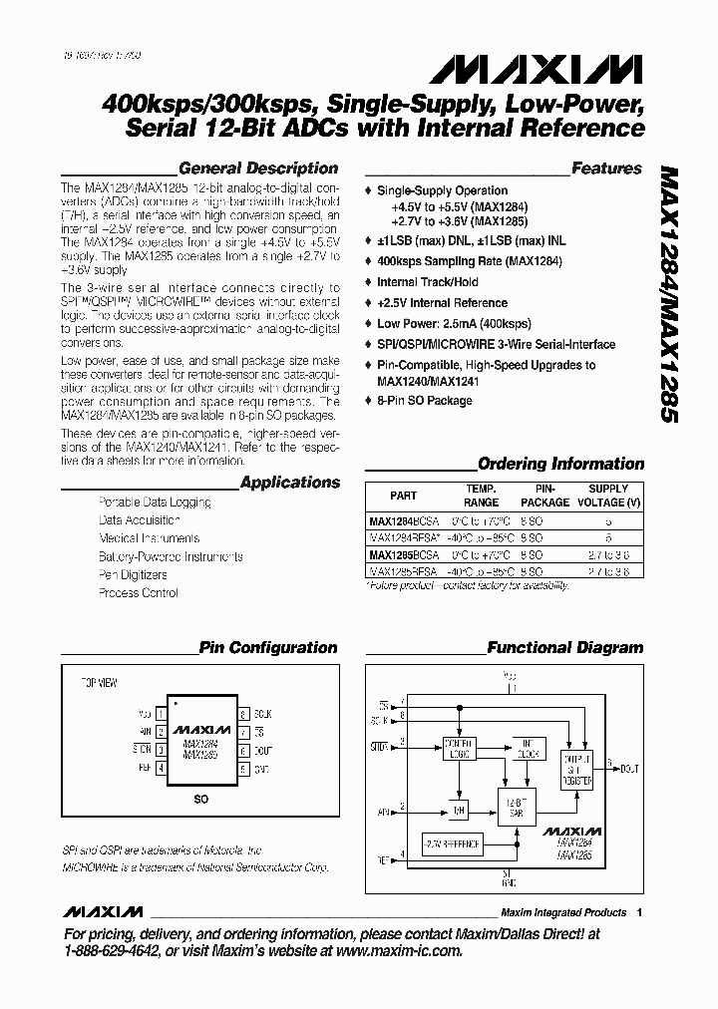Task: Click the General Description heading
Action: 258,168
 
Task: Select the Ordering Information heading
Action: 561,464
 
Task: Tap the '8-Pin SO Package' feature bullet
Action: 424,401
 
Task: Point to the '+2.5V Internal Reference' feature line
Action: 443,303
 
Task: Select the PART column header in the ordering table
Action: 403,496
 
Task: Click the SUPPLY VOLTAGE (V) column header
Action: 608,496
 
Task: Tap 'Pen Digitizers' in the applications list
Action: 133,575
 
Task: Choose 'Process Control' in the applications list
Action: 138,593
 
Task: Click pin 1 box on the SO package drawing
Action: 160,714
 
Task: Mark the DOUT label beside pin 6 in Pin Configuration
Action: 262,751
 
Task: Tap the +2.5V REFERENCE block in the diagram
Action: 452,844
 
